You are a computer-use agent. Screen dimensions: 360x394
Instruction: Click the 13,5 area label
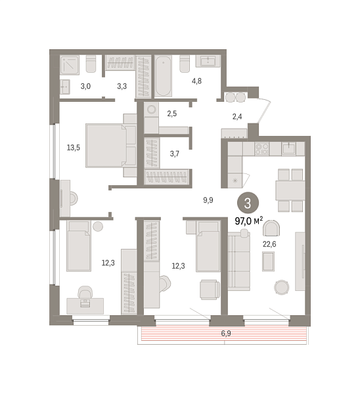(74, 148)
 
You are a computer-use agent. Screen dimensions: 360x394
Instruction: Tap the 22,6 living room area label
(269, 244)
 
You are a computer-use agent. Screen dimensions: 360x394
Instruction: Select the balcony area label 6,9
(226, 334)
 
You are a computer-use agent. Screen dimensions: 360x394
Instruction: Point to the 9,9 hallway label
(208, 200)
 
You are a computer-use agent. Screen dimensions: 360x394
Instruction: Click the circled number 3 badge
(248, 203)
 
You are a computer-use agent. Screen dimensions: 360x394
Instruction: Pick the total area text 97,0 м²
(249, 221)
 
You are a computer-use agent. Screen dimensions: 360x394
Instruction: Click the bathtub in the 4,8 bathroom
(163, 76)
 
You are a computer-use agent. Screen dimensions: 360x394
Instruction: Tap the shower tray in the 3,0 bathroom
(70, 65)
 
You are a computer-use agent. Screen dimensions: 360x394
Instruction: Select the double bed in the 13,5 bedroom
(111, 146)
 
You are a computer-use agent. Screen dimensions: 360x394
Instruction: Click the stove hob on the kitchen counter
(262, 149)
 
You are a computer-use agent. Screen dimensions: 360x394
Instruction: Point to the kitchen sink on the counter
(288, 148)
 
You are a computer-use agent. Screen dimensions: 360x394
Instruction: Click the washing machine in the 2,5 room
(151, 110)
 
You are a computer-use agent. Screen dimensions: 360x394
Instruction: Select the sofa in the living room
(239, 261)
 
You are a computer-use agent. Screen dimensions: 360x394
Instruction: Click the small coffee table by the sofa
(268, 261)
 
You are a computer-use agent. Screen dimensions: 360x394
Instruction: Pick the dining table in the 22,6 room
(290, 190)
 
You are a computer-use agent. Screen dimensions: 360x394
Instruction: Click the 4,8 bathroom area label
(196, 81)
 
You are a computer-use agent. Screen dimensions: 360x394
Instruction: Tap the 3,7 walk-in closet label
(175, 153)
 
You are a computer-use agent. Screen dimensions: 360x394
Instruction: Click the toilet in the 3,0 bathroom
(91, 64)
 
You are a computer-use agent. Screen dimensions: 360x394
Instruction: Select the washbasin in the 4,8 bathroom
(208, 61)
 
